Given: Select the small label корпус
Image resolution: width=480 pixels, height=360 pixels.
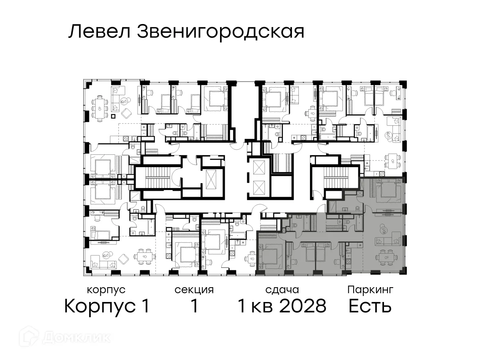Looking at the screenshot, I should [106, 290].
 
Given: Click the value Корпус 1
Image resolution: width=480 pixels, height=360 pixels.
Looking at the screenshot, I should [107, 307].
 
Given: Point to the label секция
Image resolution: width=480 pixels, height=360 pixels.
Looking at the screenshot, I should [194, 290].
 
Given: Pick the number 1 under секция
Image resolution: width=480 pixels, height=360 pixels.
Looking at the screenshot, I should [194, 307].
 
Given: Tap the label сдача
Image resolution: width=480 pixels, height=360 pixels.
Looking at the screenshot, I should [282, 290].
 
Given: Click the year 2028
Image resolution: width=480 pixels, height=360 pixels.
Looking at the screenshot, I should [303, 307].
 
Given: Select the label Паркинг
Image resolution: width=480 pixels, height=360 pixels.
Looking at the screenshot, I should [370, 290].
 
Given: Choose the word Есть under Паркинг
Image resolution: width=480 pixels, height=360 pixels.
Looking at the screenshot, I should [370, 307].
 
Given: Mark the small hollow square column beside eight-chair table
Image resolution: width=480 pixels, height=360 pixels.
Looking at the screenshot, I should [113, 116].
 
